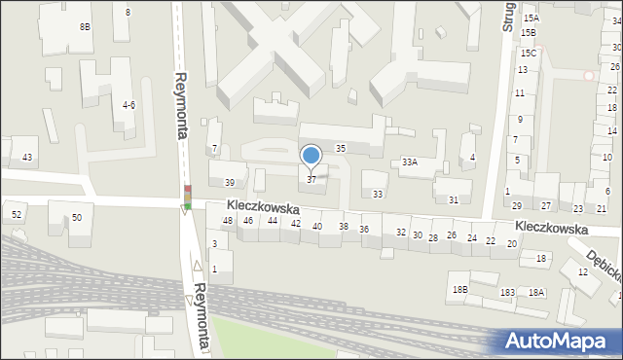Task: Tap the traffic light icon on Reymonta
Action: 187,198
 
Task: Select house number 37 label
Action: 311,180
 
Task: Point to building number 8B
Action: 86,27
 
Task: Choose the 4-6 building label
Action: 128,104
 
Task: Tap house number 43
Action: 27,158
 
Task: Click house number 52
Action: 17,214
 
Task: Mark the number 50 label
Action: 77,217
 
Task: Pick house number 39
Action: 230,183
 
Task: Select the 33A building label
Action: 410,162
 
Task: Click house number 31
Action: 454,199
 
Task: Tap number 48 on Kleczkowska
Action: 228,222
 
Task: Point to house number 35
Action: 341,148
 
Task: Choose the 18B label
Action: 459,289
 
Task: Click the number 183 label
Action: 507,293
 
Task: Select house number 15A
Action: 530,18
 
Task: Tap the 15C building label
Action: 528,53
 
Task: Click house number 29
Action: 516,205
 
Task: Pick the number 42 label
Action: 296,224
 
